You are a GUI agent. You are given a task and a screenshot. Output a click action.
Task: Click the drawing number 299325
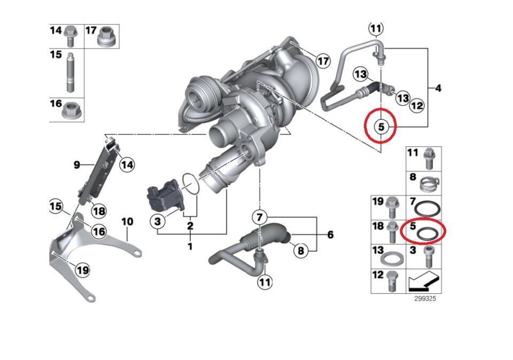coord(425,299)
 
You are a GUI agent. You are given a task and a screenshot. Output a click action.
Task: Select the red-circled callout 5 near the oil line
coord(380,127)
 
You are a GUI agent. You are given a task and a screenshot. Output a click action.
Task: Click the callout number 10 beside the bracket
coord(127,221)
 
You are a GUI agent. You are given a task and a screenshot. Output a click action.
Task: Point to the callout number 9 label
coord(76,165)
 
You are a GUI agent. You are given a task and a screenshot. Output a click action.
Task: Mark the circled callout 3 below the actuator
coord(158,221)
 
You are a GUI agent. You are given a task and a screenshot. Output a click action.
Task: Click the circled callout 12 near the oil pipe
coord(417,106)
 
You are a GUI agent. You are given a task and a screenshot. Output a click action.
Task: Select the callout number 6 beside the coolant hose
coord(330,234)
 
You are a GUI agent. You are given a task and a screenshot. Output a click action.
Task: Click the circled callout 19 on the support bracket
coord(82,270)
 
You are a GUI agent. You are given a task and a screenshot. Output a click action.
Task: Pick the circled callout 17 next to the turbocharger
coord(323,61)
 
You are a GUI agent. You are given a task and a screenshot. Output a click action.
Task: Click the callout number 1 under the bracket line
coord(190,247)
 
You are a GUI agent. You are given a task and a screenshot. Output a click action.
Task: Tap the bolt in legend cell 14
coord(69,36)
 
